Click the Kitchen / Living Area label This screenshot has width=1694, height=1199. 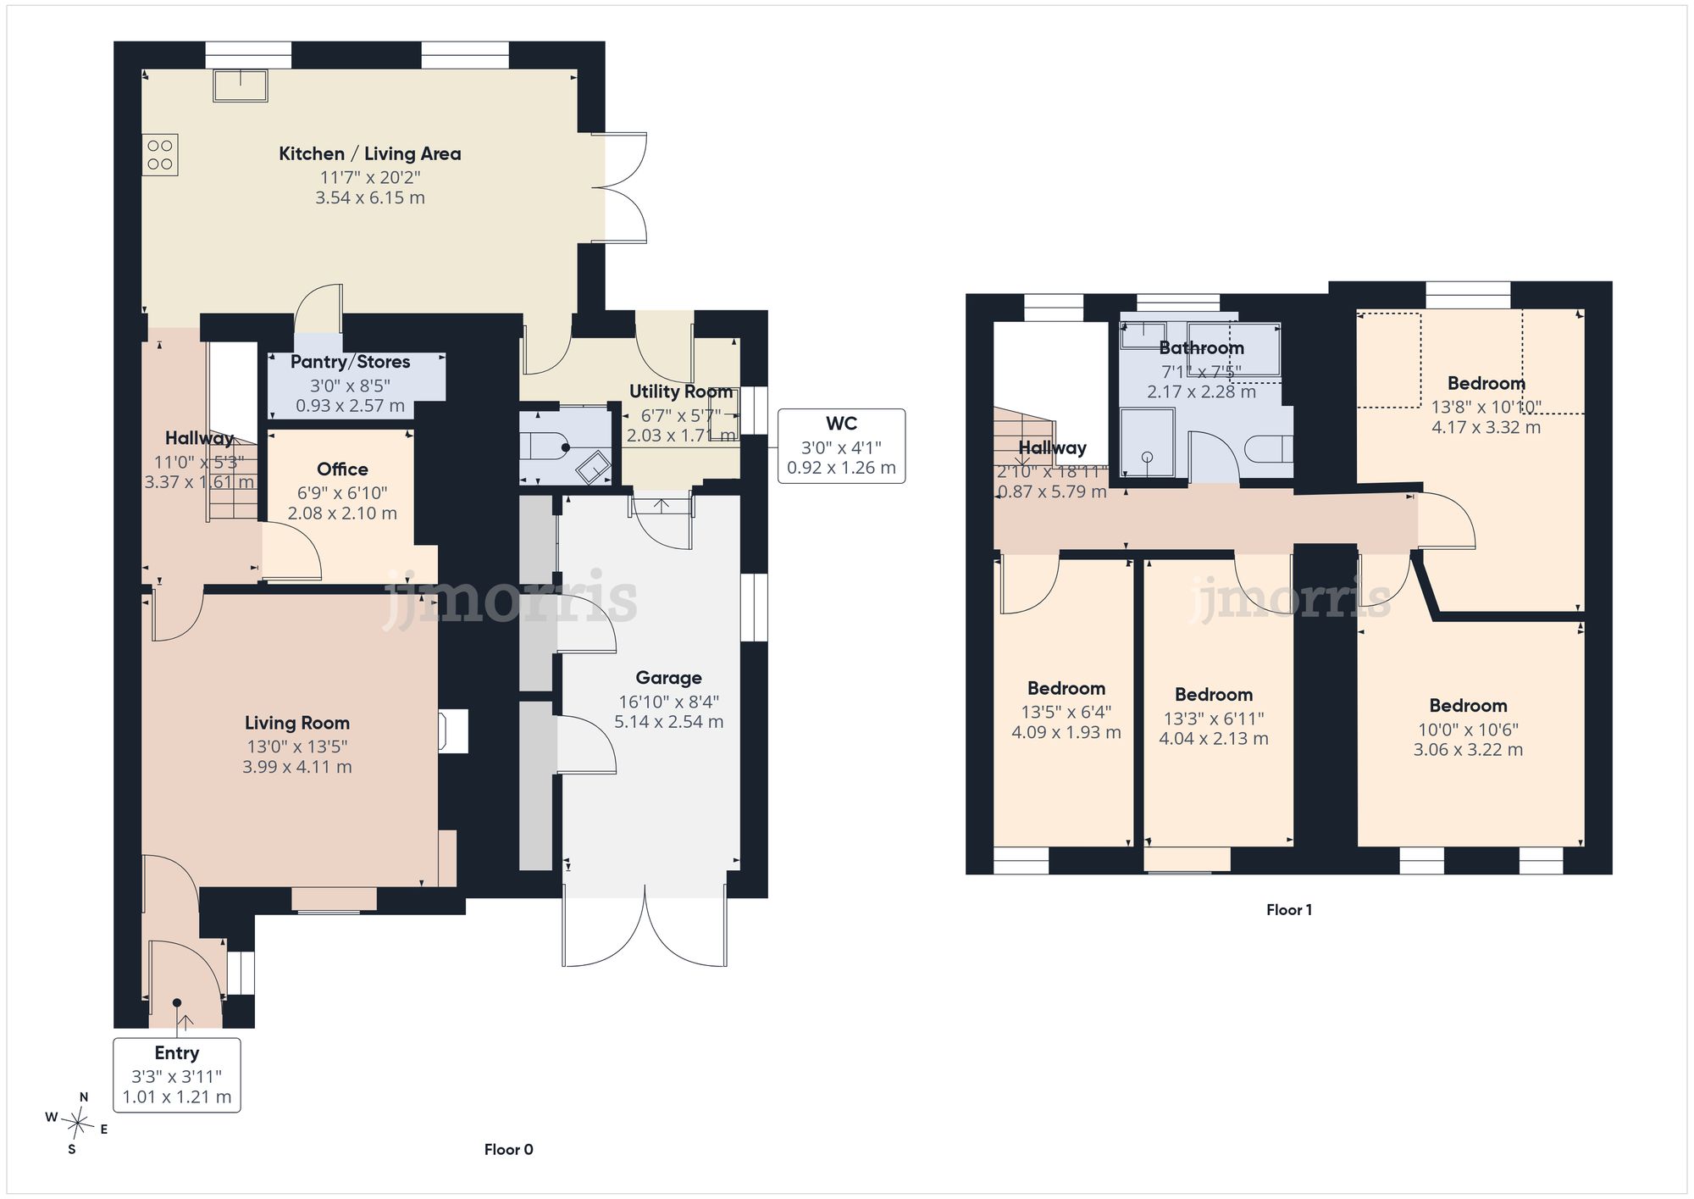(370, 153)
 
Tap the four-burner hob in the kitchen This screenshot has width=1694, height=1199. (160, 154)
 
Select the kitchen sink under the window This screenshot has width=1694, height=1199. (241, 86)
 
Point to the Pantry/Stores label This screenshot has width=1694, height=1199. (350, 362)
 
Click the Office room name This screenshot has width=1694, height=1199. (342, 469)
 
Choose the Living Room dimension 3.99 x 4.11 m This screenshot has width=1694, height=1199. (297, 767)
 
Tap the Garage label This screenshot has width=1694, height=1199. (669, 678)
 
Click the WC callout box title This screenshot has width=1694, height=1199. (841, 423)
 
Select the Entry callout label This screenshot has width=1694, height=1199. (177, 1052)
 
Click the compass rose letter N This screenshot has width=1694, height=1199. (84, 1097)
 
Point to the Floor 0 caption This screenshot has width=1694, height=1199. (509, 1149)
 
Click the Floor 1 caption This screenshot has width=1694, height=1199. (1289, 909)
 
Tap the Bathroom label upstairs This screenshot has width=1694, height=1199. (1201, 347)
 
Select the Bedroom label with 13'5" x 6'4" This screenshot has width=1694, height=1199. (1066, 688)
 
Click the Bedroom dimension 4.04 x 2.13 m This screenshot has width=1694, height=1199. (1214, 738)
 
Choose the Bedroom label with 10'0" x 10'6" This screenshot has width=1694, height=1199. (1468, 705)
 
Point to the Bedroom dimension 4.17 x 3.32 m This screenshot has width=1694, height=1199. (1486, 427)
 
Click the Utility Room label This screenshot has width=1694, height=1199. (681, 391)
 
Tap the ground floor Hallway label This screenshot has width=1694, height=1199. (199, 438)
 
